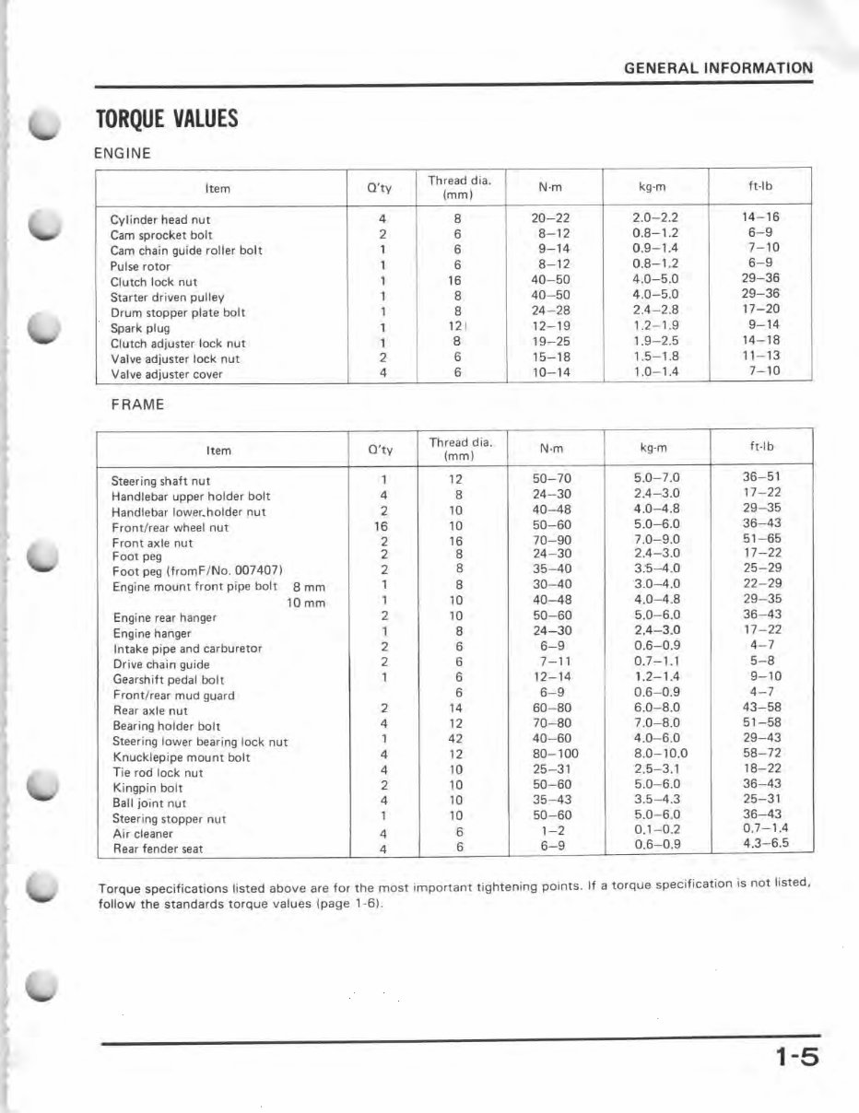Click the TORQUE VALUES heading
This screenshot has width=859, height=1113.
click(x=167, y=119)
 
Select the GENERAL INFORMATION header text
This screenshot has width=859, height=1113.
click(x=718, y=67)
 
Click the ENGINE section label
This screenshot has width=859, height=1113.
click(x=123, y=153)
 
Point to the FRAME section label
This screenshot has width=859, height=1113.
click(x=137, y=404)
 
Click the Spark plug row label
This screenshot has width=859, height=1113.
click(x=139, y=328)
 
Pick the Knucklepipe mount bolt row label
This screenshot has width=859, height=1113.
click(x=181, y=757)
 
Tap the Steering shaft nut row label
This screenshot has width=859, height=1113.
click(x=160, y=481)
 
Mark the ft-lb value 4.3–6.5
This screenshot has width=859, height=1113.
click(x=765, y=847)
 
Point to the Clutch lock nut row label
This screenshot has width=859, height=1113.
click(x=153, y=282)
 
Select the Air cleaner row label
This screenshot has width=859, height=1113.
click(x=142, y=834)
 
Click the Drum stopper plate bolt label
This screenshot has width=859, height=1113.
click(x=178, y=312)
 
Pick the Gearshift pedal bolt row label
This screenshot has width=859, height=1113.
click(x=169, y=680)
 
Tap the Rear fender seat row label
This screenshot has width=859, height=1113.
click(x=157, y=849)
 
